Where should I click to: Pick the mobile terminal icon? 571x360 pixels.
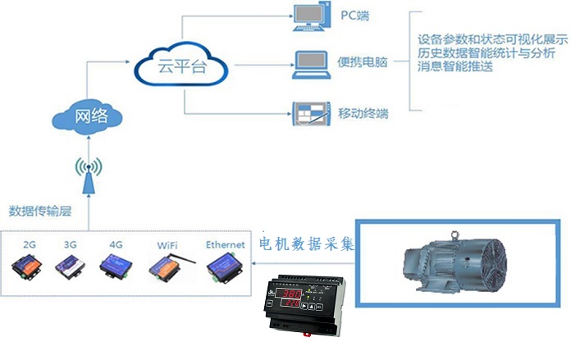pyautogui.click(x=310, y=111)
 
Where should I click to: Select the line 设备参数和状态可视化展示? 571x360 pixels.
pyautogui.click(x=492, y=39)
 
